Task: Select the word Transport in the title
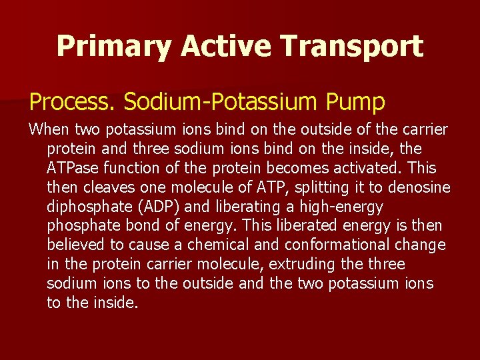(x=351, y=46)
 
